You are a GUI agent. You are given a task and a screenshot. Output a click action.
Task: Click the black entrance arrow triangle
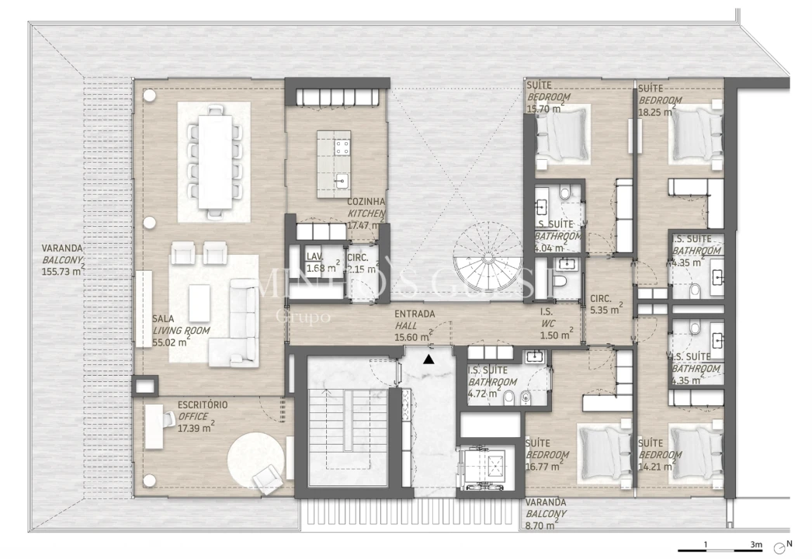click(x=428, y=359)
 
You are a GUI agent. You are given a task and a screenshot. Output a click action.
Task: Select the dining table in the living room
click(x=213, y=161)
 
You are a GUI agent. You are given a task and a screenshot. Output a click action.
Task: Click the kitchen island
click(x=334, y=164)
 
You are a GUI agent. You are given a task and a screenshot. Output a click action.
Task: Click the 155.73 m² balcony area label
click(x=61, y=273)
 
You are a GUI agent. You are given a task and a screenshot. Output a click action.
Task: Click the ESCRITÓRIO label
click(x=202, y=405)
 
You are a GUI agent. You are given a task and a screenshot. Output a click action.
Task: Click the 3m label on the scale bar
click(x=756, y=545)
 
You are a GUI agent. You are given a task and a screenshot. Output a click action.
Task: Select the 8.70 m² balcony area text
click(x=541, y=525)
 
